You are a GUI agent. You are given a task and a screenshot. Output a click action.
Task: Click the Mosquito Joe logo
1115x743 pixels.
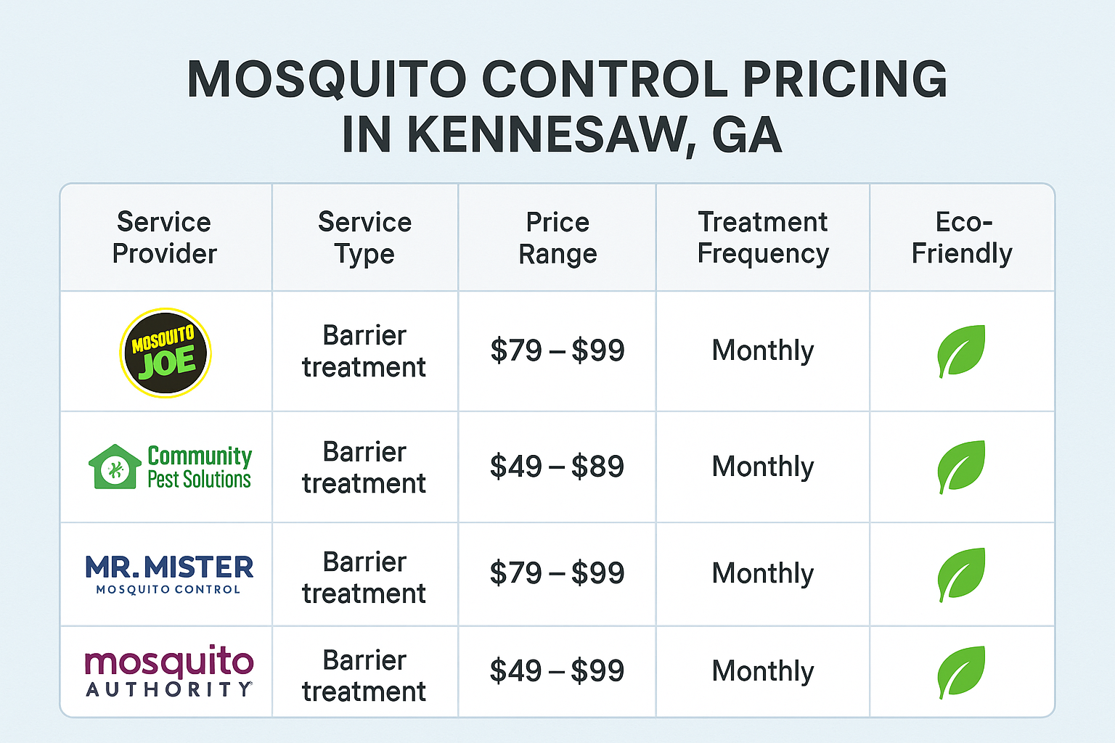(166, 353)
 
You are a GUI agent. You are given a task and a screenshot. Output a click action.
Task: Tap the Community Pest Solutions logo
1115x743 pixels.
(171, 467)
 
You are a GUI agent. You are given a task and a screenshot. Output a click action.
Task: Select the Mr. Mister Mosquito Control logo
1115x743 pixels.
(169, 574)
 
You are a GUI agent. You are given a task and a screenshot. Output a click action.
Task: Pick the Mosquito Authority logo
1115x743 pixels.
(169, 670)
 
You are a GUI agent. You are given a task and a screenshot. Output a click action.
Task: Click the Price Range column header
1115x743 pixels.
(557, 237)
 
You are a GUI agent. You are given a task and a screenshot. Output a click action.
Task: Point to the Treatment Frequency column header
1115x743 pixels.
(763, 237)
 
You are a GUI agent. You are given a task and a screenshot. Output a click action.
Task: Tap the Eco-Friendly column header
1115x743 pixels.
(962, 237)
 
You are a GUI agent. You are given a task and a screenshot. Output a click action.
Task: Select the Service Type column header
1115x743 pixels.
(364, 237)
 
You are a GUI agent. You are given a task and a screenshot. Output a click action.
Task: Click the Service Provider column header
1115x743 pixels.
(165, 237)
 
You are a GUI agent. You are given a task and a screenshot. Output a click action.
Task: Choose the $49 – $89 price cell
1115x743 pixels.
(557, 467)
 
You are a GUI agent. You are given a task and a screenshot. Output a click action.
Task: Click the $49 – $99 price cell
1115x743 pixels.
(557, 670)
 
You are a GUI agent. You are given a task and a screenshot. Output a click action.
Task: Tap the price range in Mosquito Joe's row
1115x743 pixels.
(557, 350)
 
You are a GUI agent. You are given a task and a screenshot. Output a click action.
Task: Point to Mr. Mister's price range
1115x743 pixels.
(557, 573)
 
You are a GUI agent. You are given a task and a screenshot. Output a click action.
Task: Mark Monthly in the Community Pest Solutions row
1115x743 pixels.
(763, 467)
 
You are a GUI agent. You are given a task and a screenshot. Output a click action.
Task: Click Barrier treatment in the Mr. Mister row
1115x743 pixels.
(364, 578)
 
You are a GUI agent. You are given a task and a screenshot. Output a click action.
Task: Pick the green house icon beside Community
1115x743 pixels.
(115, 467)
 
